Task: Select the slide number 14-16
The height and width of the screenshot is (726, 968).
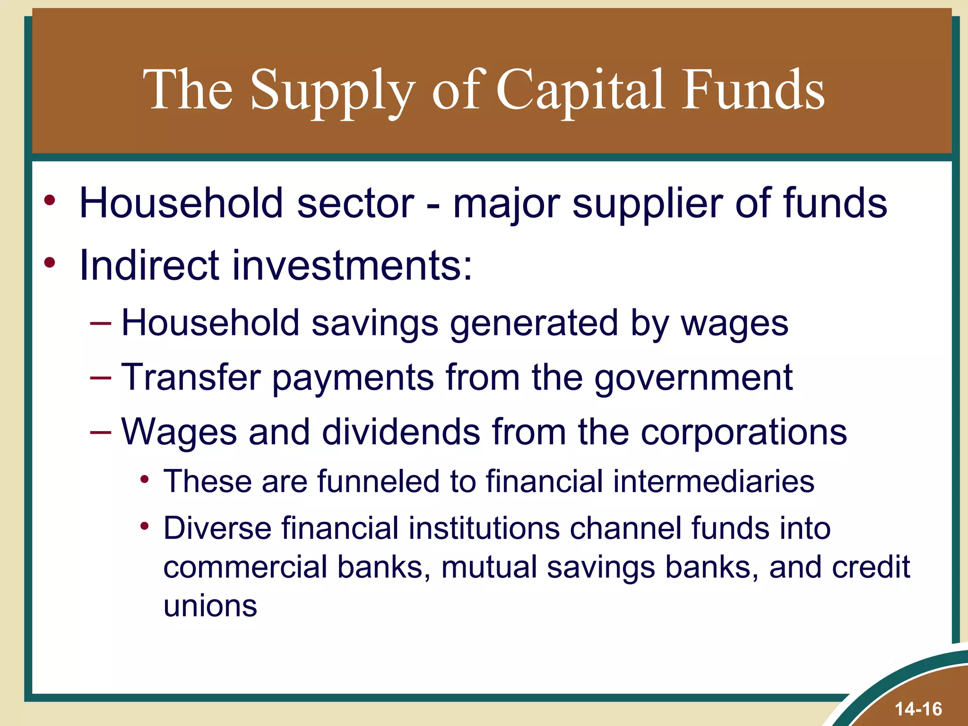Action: [x=918, y=709]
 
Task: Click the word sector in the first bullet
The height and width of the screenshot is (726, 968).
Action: [x=355, y=203]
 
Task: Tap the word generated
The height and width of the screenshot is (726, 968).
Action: [x=534, y=324]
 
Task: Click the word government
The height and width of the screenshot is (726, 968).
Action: [x=693, y=378]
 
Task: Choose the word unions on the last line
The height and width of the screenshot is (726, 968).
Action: [x=210, y=606]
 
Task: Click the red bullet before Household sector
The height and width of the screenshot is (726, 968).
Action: [x=50, y=200]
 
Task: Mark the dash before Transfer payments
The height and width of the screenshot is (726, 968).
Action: [x=100, y=378]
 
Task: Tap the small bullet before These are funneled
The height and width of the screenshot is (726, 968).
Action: [x=145, y=480]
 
